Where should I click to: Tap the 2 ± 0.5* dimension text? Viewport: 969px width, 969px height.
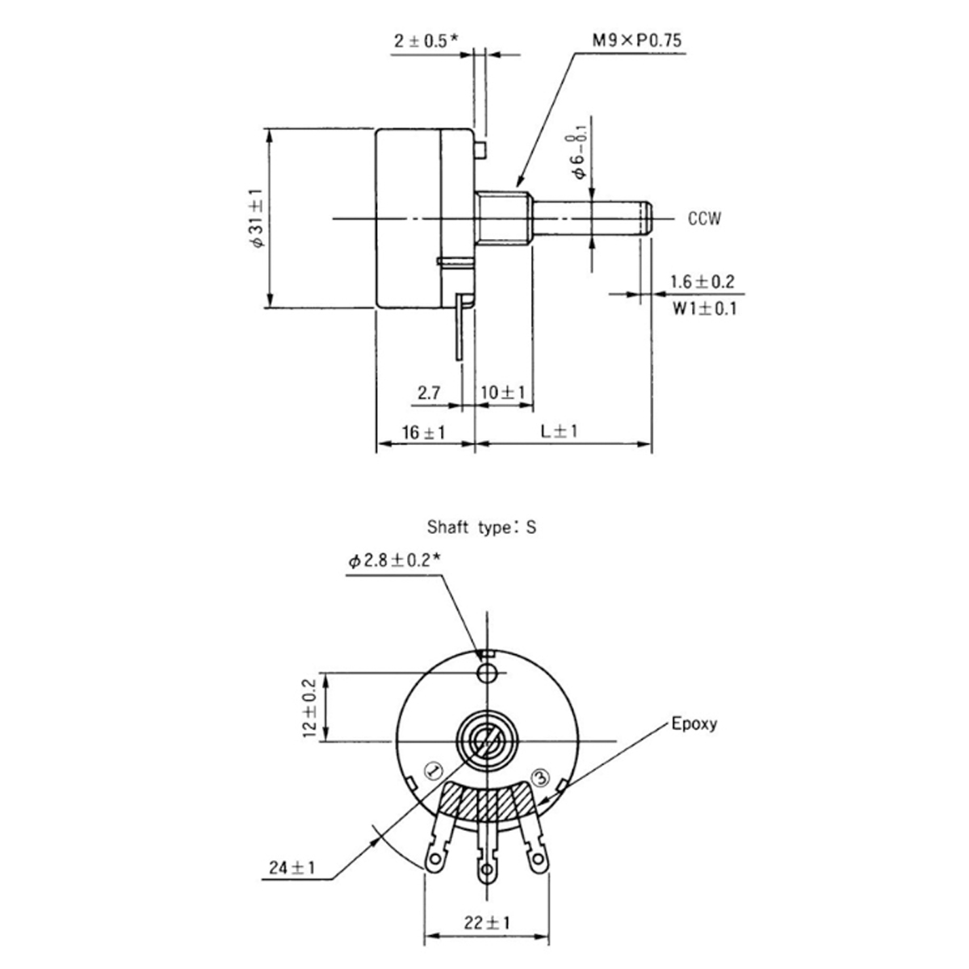click(425, 41)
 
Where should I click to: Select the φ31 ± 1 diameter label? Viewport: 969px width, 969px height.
click(257, 218)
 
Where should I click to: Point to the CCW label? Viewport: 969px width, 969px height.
click(704, 219)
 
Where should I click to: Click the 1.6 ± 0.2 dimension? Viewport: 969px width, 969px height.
click(702, 282)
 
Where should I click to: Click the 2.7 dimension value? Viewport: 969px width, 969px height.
click(429, 393)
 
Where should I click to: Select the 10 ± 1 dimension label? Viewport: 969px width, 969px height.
click(503, 393)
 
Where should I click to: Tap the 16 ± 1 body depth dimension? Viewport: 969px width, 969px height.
click(423, 433)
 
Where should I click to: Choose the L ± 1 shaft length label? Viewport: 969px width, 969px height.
click(560, 432)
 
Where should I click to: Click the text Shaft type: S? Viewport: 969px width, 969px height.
click(481, 528)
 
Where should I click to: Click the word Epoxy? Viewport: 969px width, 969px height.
click(694, 724)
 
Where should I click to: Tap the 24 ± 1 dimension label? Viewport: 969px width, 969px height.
click(292, 868)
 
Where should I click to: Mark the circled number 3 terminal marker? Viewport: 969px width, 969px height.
click(540, 777)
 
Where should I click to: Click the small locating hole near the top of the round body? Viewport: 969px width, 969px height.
click(487, 673)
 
